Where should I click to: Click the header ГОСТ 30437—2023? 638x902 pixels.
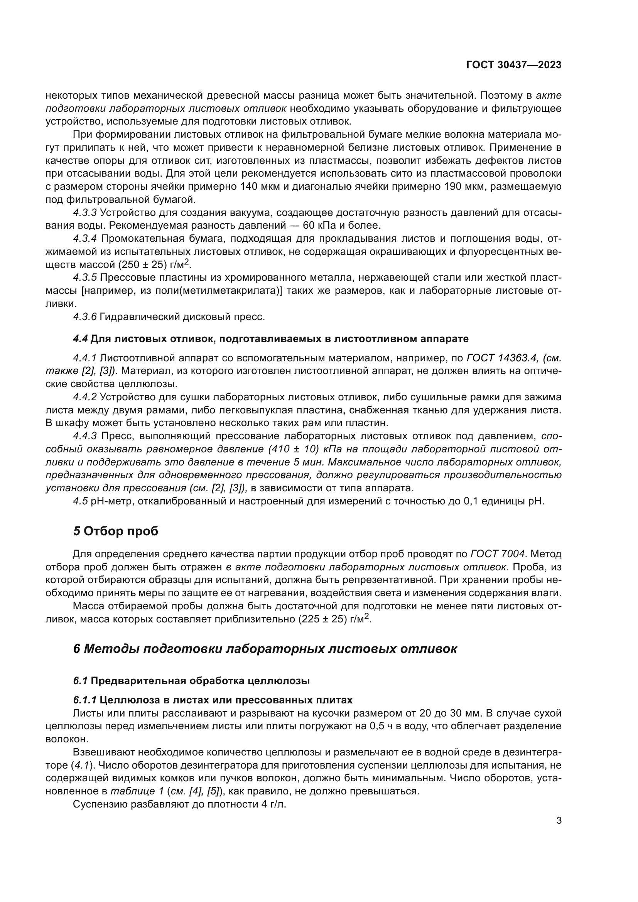513,65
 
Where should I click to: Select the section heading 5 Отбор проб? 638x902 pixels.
115,531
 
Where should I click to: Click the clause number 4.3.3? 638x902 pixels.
84,213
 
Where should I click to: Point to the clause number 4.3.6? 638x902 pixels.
84,317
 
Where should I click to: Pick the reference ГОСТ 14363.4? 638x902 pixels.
502,358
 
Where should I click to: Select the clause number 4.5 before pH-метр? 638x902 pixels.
80,501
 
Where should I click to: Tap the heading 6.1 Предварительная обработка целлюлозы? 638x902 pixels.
191,681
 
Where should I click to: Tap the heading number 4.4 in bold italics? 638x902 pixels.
80,339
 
